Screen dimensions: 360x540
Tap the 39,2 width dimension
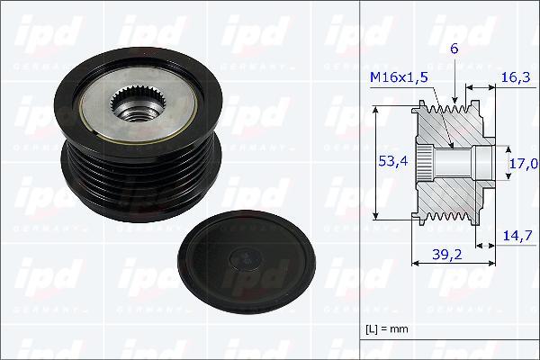coord(446,255)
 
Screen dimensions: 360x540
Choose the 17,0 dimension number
coord(523,163)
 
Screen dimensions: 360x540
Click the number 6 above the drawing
coord(454,50)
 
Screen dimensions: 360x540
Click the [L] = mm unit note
coord(387,328)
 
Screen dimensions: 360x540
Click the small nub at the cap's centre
coord(243,258)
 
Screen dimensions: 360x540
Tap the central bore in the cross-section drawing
coord(459,163)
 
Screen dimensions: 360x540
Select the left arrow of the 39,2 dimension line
coord(415,264)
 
